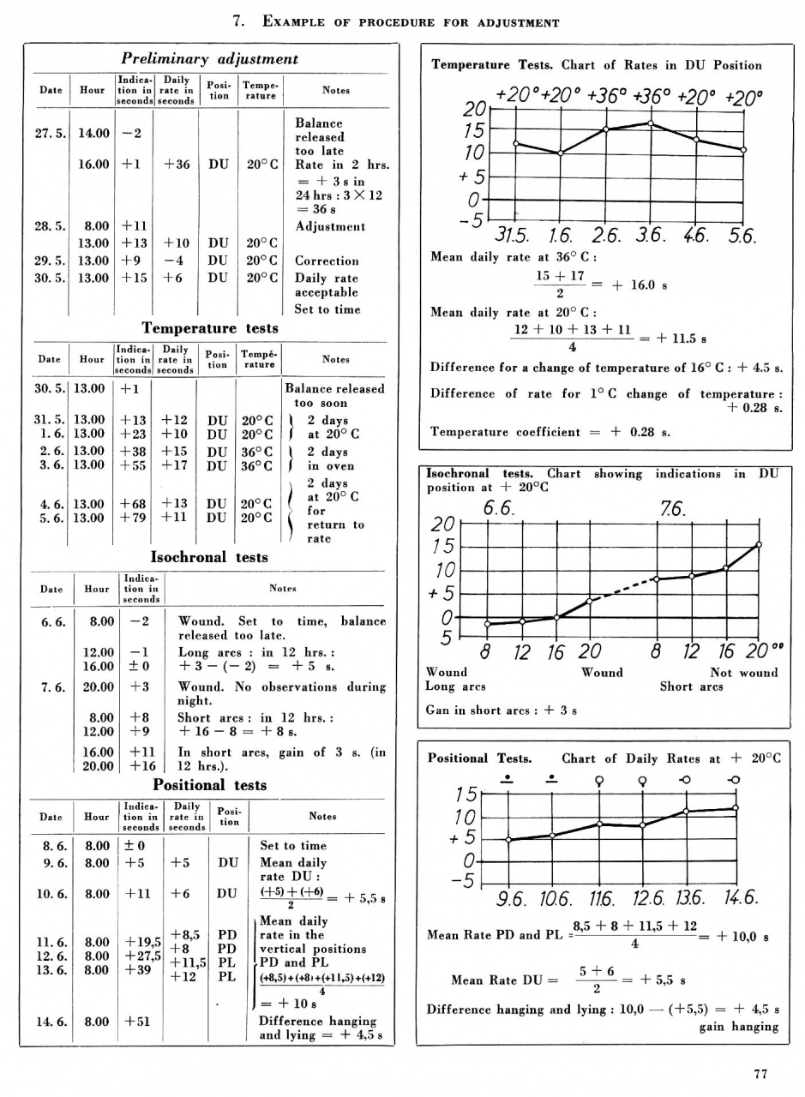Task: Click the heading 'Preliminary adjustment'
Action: pyautogui.click(x=209, y=59)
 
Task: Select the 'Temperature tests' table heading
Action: pyautogui.click(x=210, y=327)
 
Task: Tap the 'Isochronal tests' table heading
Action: pyautogui.click(x=209, y=557)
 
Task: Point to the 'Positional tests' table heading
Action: pyautogui.click(x=209, y=784)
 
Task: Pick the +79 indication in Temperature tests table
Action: pyautogui.click(x=132, y=518)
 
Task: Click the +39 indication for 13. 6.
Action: pyautogui.click(x=135, y=970)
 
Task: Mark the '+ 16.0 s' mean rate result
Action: pyautogui.click(x=639, y=285)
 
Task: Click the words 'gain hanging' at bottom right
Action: pyautogui.click(x=738, y=1027)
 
